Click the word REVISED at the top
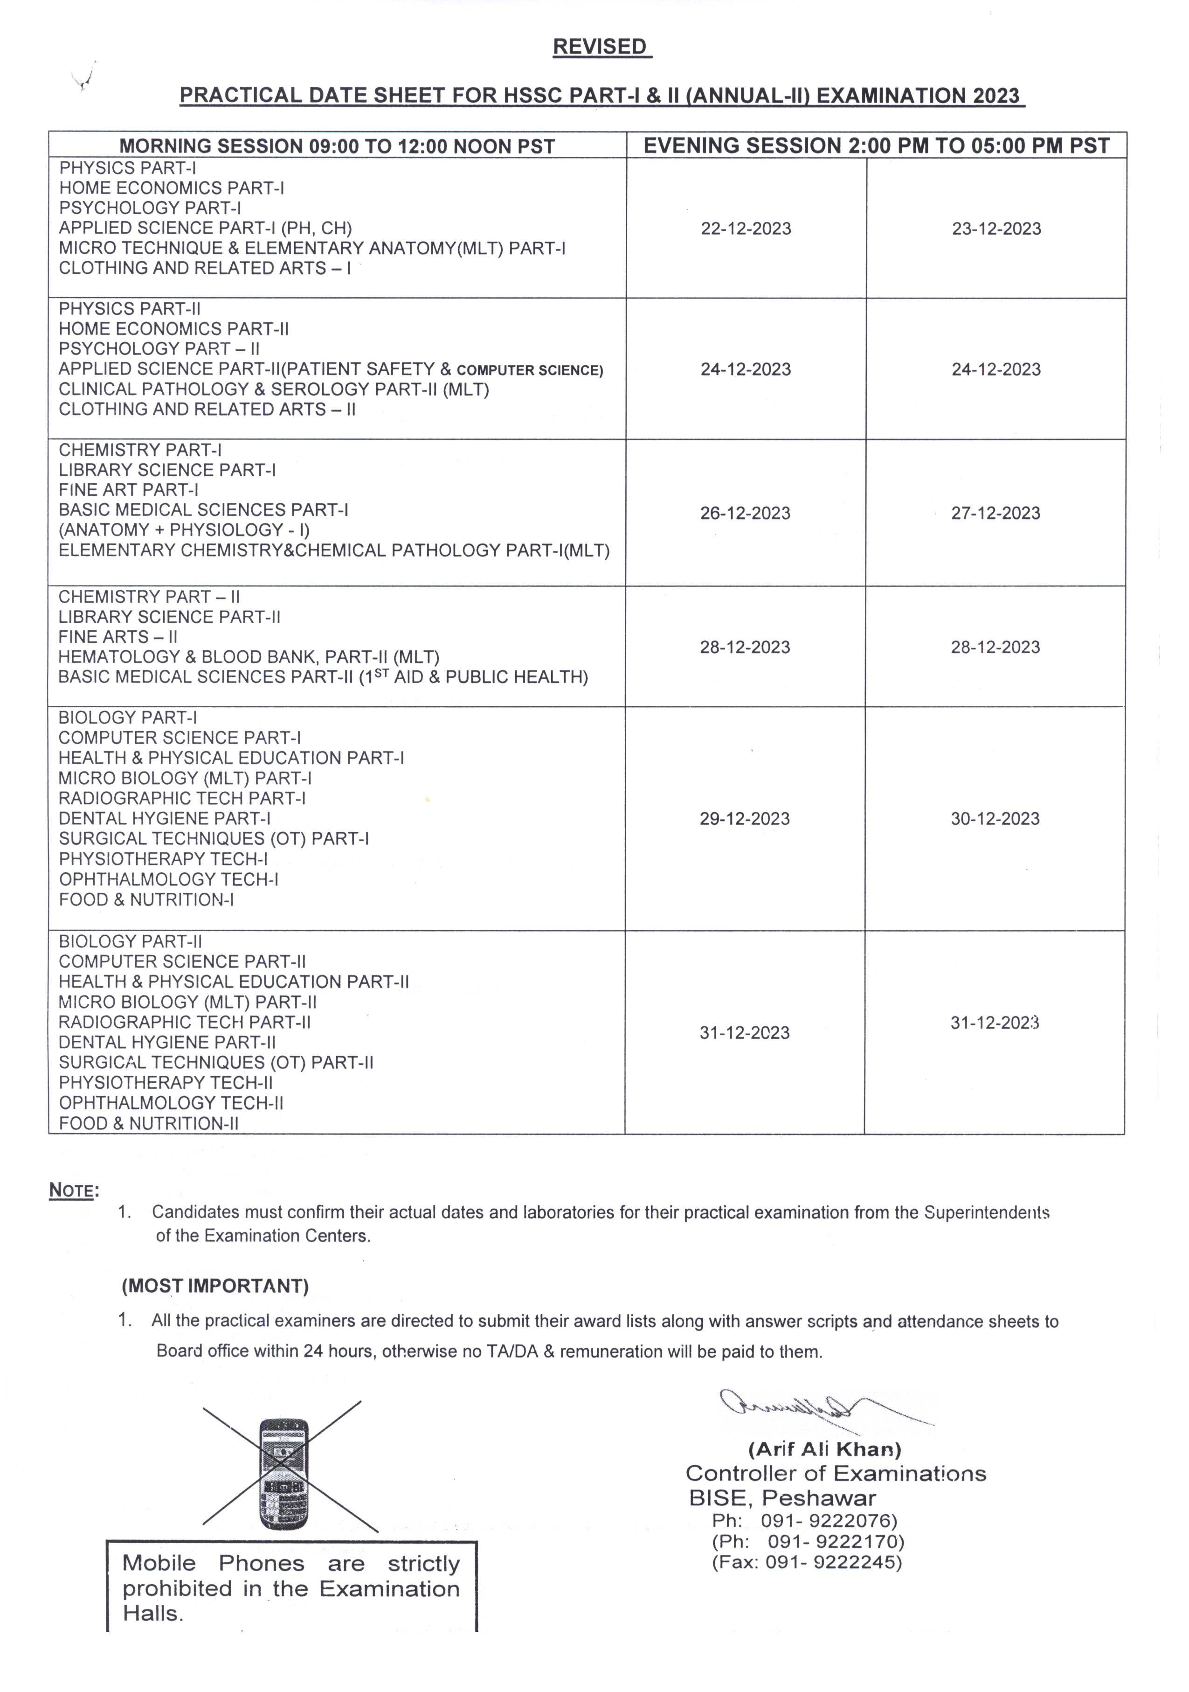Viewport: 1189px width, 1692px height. point(601,47)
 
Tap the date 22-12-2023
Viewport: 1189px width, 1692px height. point(746,229)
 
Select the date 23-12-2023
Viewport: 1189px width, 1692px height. point(996,229)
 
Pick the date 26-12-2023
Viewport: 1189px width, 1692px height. point(745,513)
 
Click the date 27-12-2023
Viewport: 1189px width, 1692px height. point(995,513)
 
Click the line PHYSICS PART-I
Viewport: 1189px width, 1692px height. point(127,168)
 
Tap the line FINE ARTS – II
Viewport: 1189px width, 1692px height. point(118,637)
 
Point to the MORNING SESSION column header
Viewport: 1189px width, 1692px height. point(337,146)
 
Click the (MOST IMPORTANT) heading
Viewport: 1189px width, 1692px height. point(215,1286)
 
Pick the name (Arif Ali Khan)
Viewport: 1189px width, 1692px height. point(824,1449)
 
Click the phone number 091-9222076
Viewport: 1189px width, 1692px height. point(829,1520)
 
